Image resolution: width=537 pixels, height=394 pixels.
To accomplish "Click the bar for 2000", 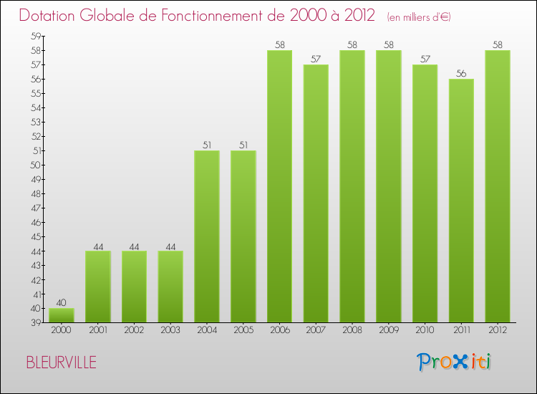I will [62, 315].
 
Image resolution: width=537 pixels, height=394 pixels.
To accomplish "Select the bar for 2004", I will [207, 236].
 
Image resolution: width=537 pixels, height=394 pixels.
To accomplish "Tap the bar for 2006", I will [279, 186].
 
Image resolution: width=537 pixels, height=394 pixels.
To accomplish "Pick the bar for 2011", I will [461, 201].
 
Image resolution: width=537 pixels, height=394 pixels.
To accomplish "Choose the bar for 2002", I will [134, 287].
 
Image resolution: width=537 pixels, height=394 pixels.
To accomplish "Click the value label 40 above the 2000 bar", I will [62, 302].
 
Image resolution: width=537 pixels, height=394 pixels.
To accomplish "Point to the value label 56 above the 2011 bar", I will [461, 73].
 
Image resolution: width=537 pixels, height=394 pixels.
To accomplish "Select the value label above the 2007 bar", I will [316, 59].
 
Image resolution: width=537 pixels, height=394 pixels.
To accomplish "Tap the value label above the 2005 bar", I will [243, 145].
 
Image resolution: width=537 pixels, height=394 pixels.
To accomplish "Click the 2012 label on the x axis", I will [498, 330].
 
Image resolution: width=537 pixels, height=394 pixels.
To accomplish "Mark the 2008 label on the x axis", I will [352, 330].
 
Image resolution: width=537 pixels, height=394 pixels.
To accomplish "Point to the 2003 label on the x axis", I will [170, 330].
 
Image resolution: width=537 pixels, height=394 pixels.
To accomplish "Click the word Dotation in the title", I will [51, 15].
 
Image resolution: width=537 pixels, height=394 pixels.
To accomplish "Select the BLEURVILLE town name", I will [61, 362].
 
